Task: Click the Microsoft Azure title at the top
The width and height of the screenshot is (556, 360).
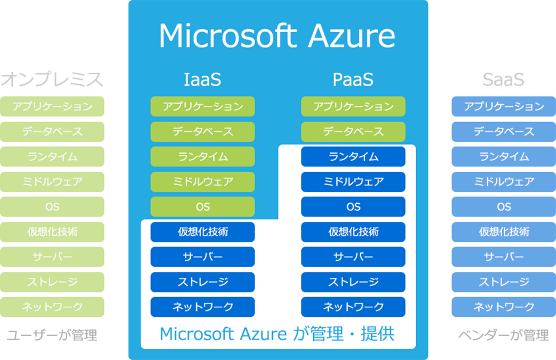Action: (x=277, y=36)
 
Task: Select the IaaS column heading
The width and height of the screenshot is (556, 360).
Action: (x=202, y=80)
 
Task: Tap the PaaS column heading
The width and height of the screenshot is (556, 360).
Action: (x=353, y=80)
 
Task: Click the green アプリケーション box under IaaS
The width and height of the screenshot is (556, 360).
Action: (x=202, y=107)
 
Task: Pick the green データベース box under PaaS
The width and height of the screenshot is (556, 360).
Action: (x=353, y=132)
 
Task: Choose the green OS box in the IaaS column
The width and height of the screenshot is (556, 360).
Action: (x=202, y=207)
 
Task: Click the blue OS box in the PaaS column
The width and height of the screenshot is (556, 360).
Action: (x=353, y=207)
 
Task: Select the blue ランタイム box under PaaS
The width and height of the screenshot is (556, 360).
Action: (x=353, y=157)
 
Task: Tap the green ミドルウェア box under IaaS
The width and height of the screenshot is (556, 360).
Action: (x=202, y=182)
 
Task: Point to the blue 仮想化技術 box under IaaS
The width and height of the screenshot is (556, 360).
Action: (x=202, y=232)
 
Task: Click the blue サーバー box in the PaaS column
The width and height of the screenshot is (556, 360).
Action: (x=353, y=257)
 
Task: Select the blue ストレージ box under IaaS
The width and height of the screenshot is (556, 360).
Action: (x=202, y=282)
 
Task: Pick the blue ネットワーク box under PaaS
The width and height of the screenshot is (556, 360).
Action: (x=353, y=307)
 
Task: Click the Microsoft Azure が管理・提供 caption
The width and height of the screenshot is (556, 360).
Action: (x=277, y=334)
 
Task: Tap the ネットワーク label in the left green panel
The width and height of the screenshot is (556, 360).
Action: (x=52, y=307)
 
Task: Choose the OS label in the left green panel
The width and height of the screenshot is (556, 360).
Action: (x=52, y=207)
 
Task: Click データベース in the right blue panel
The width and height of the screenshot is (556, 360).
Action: (x=504, y=132)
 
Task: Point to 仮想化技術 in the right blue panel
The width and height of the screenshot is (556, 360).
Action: (x=504, y=232)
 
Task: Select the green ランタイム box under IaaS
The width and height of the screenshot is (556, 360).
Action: (x=202, y=157)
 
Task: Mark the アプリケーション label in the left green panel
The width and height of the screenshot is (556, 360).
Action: (x=52, y=107)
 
